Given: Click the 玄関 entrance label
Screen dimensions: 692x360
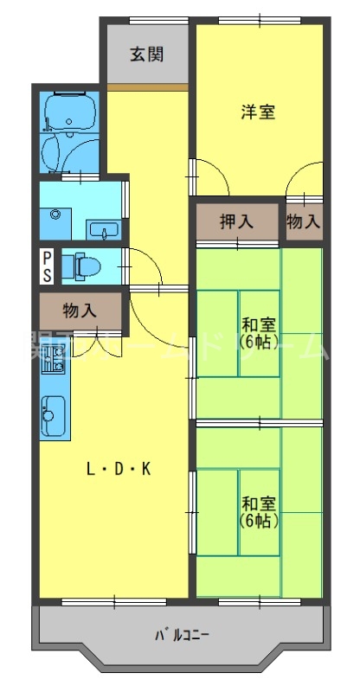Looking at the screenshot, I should click(146, 54).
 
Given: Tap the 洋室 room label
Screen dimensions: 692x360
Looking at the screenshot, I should click(258, 112).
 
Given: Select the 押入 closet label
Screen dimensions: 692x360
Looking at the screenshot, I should click(236, 221).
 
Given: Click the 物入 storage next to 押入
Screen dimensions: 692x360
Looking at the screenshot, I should click(304, 221).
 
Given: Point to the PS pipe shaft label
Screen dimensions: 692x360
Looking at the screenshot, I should click(47, 266).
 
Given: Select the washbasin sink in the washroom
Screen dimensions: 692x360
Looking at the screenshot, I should click(103, 230).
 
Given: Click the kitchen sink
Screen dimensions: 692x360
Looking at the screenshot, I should click(52, 416).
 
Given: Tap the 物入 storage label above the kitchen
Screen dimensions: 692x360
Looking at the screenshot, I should click(80, 309).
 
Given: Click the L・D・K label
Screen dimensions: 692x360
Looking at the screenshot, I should click(119, 470).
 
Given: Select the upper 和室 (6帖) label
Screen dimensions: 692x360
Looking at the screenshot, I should click(258, 332).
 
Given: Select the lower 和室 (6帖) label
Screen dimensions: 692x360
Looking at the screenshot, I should click(258, 511).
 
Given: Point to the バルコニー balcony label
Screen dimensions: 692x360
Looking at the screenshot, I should click(183, 635).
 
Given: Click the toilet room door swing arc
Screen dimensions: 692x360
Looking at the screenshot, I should click(143, 264).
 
